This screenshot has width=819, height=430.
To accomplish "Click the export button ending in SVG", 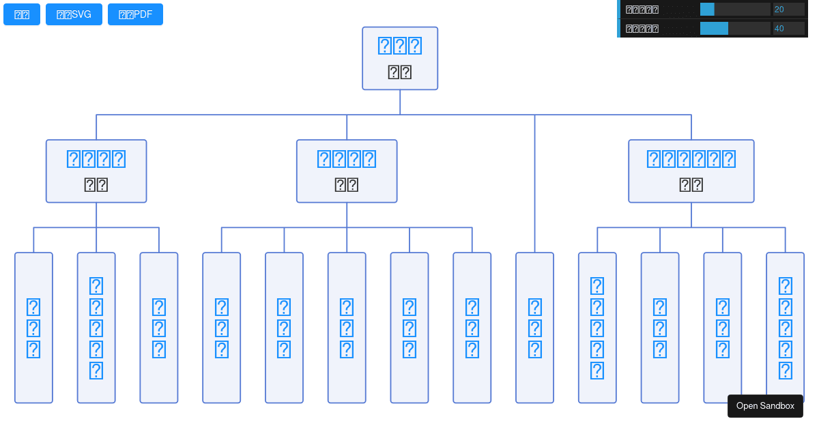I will [x=74, y=14].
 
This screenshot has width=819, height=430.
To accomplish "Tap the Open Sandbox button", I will [x=765, y=406].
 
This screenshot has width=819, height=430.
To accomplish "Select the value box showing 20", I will [x=788, y=9].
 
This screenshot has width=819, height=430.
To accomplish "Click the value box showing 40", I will [x=788, y=28].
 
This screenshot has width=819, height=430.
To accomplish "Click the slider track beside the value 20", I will [x=735, y=9].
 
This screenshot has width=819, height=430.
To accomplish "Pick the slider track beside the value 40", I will [x=735, y=28].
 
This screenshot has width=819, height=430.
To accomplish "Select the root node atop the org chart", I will [x=400, y=59].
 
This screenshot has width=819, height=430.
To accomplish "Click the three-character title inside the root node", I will [x=400, y=46].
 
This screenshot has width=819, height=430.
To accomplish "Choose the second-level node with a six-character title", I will [x=691, y=171].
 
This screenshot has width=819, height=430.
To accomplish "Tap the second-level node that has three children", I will [x=96, y=171].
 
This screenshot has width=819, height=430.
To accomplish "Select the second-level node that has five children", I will [x=347, y=171].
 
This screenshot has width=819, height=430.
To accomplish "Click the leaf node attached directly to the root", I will [x=534, y=328].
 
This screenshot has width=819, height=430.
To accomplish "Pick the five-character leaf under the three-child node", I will [x=96, y=328].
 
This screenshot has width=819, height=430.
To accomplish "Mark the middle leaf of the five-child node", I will [x=347, y=328].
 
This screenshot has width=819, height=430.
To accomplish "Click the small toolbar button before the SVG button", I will [x=22, y=14].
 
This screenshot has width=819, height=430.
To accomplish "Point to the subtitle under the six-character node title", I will [x=691, y=185].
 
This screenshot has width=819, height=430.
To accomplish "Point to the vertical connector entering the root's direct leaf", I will [x=534, y=184].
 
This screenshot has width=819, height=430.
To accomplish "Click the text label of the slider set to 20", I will [x=642, y=10].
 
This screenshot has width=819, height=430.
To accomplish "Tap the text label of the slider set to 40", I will [x=642, y=29].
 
